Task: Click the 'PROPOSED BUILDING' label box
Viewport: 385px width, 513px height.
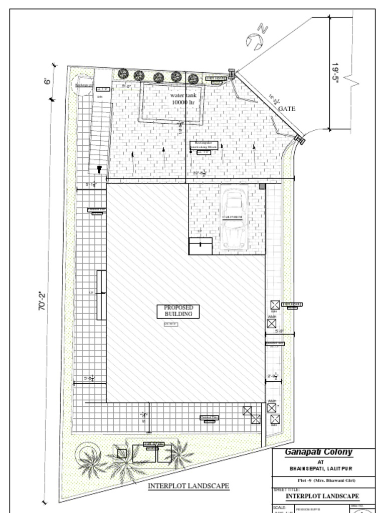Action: (x=178, y=311)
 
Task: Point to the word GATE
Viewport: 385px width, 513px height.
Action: (x=287, y=108)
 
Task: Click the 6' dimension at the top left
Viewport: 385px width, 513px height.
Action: (x=48, y=81)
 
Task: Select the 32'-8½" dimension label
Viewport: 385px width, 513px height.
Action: (x=200, y=173)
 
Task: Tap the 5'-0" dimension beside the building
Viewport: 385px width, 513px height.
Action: (x=279, y=331)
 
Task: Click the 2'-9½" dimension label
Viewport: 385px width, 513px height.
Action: (x=273, y=376)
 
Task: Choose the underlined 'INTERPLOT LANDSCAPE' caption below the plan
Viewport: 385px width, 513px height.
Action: (x=188, y=486)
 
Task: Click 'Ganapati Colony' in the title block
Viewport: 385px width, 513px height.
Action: (x=318, y=452)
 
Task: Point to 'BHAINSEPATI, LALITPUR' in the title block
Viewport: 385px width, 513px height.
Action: (x=320, y=468)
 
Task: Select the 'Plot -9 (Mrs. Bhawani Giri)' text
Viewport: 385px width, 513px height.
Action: (x=323, y=480)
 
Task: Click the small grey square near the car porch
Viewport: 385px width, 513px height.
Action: (x=262, y=186)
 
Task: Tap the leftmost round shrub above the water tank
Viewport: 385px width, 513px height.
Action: (x=123, y=74)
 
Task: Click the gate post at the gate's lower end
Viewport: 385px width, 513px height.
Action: (x=300, y=140)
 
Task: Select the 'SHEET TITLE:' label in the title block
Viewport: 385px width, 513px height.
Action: (x=286, y=489)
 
